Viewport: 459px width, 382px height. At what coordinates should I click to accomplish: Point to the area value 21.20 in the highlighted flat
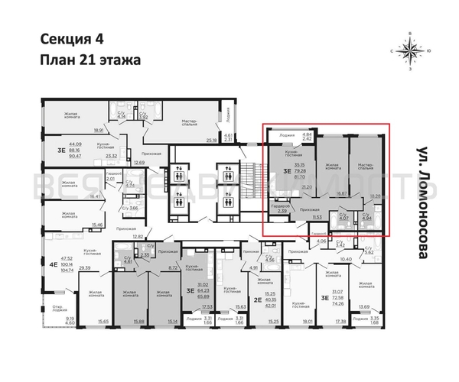tap(307, 186)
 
